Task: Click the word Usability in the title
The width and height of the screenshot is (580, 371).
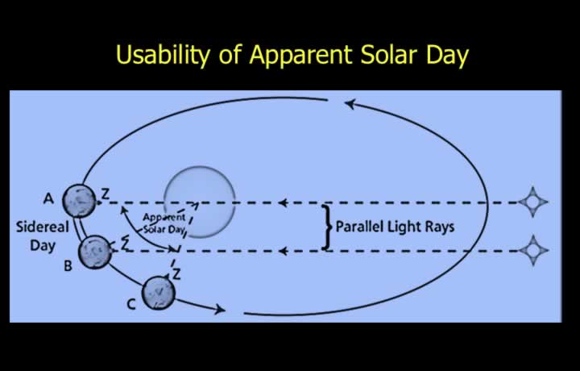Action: pos(162,56)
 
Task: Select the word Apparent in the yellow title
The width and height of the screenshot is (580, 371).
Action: pos(300,56)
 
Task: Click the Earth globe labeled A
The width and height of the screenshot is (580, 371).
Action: pos(80,201)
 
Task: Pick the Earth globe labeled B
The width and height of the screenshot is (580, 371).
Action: pos(95,252)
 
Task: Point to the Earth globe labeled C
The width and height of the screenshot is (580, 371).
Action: pos(159,293)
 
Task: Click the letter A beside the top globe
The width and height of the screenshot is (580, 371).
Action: pos(48,199)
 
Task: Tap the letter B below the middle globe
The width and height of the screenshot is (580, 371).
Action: pos(68,266)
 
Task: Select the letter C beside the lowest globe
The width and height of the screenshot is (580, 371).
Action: pos(131,304)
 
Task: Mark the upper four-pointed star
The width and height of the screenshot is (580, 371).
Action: pos(533,202)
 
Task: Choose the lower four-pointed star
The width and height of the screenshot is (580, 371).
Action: pos(533,250)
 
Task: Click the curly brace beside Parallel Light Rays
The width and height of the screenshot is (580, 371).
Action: pos(326,227)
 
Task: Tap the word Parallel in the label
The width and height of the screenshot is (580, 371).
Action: pos(356,227)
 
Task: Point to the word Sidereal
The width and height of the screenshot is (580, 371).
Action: pos(43,227)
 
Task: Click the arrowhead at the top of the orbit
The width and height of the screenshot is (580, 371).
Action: pos(350,104)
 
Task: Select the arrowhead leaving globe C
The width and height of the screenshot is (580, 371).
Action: pos(220,309)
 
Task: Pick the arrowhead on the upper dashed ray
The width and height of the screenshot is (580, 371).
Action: pos(283,202)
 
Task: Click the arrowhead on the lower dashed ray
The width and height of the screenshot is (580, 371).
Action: pos(283,252)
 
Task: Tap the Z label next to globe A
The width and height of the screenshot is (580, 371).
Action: pos(106,194)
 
